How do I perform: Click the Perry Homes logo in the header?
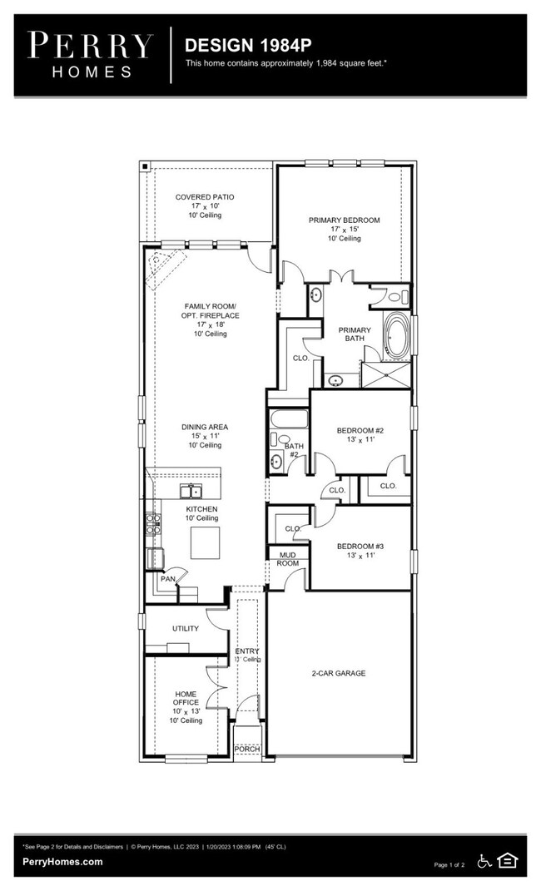91,53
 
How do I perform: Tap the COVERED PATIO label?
204,197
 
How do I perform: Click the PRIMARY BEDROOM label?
344,220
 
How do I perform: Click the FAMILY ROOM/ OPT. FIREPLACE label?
210,310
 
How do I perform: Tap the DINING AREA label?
205,427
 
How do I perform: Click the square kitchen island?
206,543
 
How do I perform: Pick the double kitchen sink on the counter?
191,489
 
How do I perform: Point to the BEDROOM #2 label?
360,430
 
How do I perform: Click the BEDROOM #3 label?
360,547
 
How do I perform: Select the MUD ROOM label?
287,558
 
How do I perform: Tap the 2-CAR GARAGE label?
338,673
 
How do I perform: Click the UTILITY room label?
185,628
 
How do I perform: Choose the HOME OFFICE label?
186,698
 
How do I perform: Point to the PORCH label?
246,749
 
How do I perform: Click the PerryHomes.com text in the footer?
63,863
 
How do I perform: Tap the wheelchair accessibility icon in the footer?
484,861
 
